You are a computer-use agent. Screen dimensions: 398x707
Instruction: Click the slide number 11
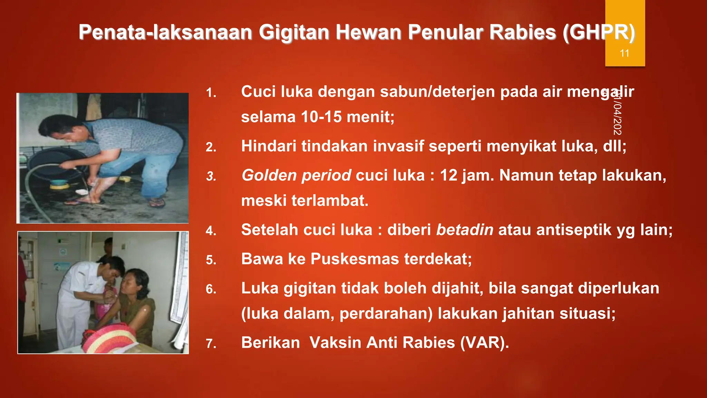click(x=624, y=53)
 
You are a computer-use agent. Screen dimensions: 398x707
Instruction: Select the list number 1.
click(x=211, y=93)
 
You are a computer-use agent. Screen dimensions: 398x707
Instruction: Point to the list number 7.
click(x=211, y=344)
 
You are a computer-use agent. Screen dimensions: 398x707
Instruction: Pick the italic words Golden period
click(x=296, y=175)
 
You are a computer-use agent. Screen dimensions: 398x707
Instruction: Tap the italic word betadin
click(x=465, y=230)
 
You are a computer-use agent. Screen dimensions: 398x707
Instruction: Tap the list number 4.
click(x=211, y=231)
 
